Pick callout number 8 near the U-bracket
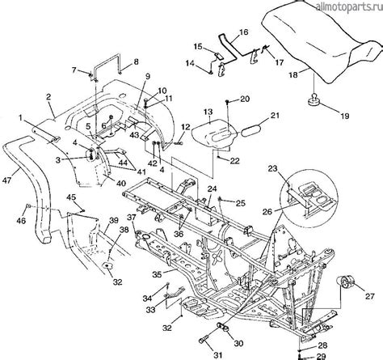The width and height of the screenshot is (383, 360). coord(136,61)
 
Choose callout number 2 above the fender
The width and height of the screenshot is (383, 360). coord(49,97)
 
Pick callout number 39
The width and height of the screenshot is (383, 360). coord(114,220)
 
